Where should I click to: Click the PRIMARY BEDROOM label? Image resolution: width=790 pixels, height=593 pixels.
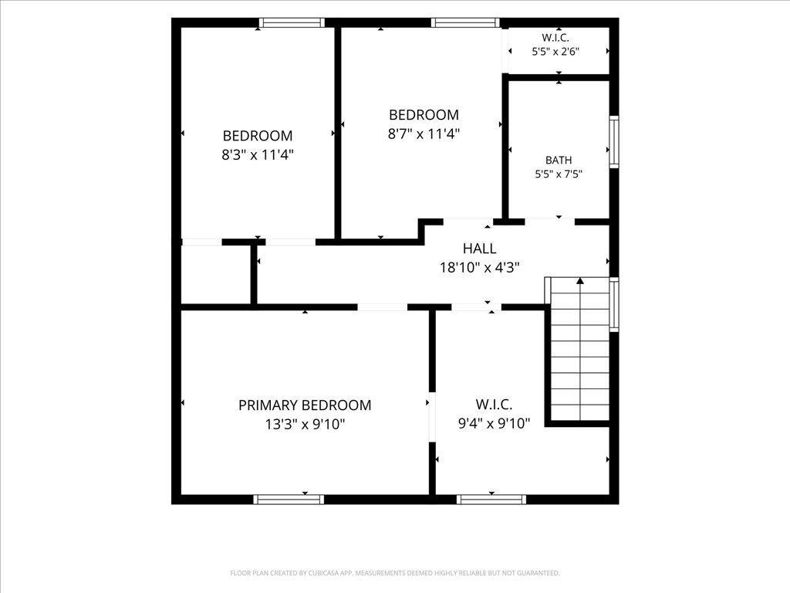pyautogui.click(x=305, y=405)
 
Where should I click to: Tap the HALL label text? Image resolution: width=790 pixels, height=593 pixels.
pyautogui.click(x=480, y=248)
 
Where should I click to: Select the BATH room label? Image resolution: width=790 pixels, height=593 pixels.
pyautogui.click(x=559, y=160)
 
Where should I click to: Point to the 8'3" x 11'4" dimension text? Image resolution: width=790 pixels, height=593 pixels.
pyautogui.click(x=258, y=154)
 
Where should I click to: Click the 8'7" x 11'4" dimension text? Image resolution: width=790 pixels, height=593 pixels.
pyautogui.click(x=424, y=134)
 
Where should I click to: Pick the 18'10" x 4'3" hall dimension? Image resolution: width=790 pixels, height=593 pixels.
pyautogui.click(x=480, y=267)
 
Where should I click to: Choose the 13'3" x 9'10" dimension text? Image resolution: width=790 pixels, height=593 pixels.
pyautogui.click(x=305, y=424)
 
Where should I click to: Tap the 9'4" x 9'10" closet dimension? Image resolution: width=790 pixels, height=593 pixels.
pyautogui.click(x=494, y=423)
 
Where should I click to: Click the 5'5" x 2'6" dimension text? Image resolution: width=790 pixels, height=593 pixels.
pyautogui.click(x=555, y=51)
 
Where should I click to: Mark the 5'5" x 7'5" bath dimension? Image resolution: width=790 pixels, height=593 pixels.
pyautogui.click(x=559, y=174)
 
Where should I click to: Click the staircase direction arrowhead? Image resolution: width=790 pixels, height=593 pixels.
pyautogui.click(x=580, y=281)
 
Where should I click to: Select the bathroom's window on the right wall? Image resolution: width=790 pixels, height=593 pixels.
pyautogui.click(x=614, y=142)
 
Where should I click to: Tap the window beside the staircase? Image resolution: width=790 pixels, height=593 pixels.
pyautogui.click(x=614, y=304)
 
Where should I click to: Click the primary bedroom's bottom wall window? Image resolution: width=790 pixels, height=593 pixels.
pyautogui.click(x=289, y=500)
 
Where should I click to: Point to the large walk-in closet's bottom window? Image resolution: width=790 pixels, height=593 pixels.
pyautogui.click(x=491, y=500)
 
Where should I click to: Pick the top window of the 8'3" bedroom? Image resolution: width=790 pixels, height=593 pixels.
pyautogui.click(x=292, y=22)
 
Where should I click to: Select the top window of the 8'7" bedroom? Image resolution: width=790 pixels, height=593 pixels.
pyautogui.click(x=465, y=22)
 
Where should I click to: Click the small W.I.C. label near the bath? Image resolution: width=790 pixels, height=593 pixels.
pyautogui.click(x=555, y=37)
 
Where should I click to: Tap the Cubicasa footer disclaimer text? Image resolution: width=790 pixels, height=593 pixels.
pyautogui.click(x=395, y=573)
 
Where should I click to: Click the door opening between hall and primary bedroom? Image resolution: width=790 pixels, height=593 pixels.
pyautogui.click(x=383, y=307)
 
